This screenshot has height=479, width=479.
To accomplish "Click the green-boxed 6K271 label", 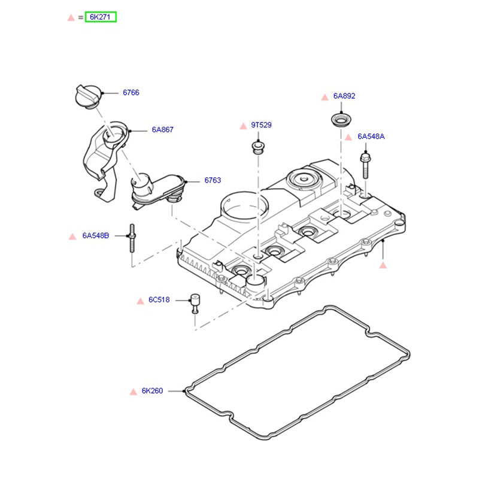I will pyautogui.click(x=101, y=17).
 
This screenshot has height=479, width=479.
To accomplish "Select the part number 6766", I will pyautogui.click(x=131, y=93).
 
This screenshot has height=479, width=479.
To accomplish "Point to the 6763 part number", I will pyautogui.click(x=213, y=180).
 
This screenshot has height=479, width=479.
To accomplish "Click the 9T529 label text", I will pyautogui.click(x=261, y=125).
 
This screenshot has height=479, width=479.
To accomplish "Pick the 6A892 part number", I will pyautogui.click(x=344, y=96).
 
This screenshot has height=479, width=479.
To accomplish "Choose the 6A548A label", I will pyautogui.click(x=371, y=137).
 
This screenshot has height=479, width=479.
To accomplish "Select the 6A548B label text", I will pyautogui.click(x=96, y=236).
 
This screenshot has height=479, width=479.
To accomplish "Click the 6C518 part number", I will pyautogui.click(x=160, y=299).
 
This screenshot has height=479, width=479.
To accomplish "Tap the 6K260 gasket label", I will pyautogui.click(x=153, y=392).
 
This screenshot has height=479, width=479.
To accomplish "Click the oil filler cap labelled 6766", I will pyautogui.click(x=87, y=96).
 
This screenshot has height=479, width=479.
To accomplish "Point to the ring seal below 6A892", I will pyautogui.click(x=342, y=120).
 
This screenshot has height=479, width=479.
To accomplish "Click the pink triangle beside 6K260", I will pyautogui.click(x=133, y=392).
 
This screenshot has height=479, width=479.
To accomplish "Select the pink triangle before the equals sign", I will pyautogui.click(x=71, y=17).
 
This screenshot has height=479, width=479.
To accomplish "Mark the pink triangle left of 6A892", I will pyautogui.click(x=324, y=96).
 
